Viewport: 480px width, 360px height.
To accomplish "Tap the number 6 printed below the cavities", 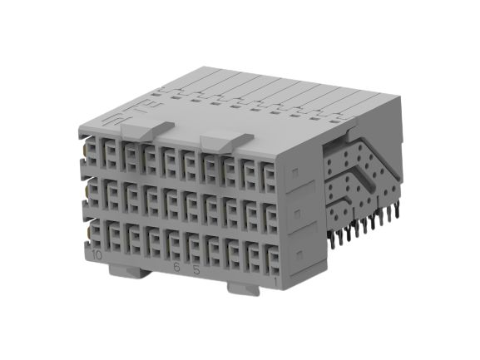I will (x=176, y=268).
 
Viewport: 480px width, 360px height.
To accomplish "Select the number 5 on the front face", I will (x=196, y=270).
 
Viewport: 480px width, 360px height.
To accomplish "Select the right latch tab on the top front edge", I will (x=226, y=142).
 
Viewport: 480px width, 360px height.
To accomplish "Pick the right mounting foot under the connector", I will (x=243, y=288).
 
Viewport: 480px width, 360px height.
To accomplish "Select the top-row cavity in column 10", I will (x=93, y=152).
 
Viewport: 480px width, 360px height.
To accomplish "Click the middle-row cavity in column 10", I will (x=94, y=193).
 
